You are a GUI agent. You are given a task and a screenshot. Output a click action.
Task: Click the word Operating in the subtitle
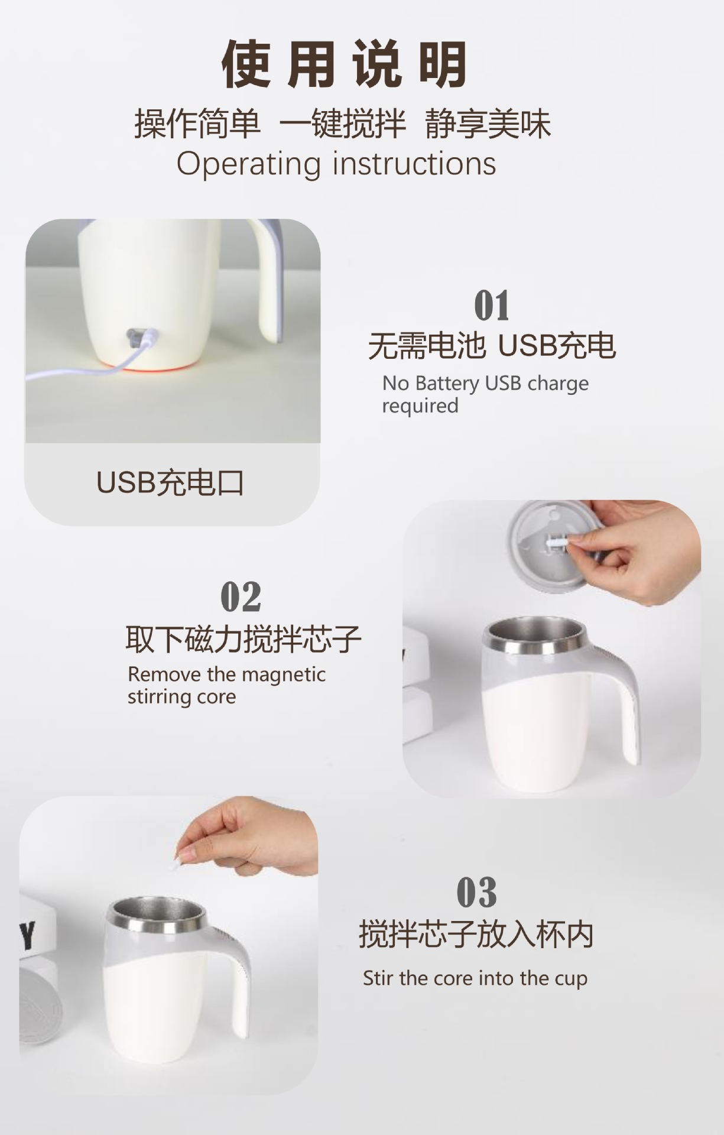[248, 164]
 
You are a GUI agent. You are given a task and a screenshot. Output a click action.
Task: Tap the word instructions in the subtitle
[414, 164]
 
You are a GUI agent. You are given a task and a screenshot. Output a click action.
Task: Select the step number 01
[492, 306]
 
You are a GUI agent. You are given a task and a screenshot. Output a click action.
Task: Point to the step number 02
[241, 596]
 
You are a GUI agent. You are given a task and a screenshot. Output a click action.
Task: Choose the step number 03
[476, 893]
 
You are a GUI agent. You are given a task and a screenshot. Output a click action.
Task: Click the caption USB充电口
[170, 483]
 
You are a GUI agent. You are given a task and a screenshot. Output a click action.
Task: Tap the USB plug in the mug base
[137, 338]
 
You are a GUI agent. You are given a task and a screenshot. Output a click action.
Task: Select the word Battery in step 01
[447, 384]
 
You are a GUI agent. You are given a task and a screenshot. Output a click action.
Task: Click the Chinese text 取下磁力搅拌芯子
[243, 639]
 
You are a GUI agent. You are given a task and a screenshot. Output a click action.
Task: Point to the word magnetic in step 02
[284, 674]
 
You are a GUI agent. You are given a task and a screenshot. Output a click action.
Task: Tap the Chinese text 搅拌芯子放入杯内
[476, 935]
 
